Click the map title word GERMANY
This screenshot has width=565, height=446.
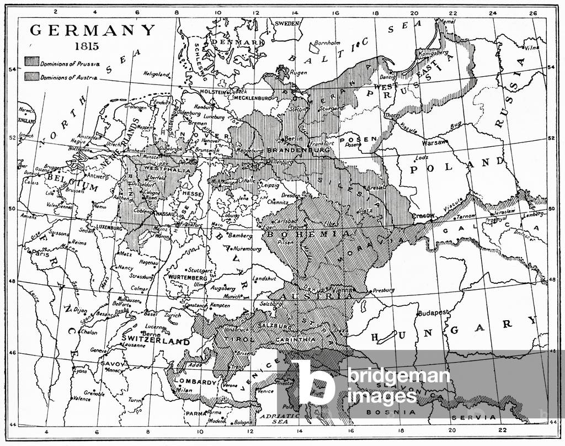pos(93,30)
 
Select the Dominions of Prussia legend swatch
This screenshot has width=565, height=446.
pos(31,62)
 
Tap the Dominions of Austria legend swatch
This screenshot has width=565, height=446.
pos(31,77)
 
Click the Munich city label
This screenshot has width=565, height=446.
pos(232,296)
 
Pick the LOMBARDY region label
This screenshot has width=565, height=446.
pos(194,381)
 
